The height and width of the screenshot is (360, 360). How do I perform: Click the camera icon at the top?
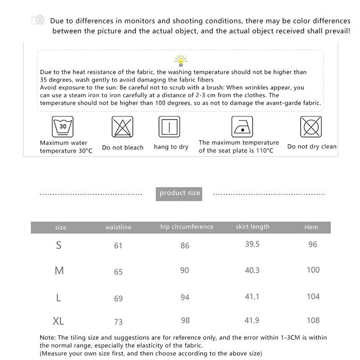(x=38, y=20)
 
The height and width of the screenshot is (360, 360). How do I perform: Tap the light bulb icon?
(x=180, y=61)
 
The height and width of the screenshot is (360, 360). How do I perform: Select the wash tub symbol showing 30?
(x=63, y=127)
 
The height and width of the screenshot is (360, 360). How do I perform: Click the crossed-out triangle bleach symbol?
(x=122, y=127)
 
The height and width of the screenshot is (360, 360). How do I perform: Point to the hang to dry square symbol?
(x=169, y=127)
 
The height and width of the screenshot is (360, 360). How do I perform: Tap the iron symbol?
(x=242, y=127)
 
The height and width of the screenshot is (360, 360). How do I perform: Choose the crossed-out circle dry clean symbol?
(x=311, y=127)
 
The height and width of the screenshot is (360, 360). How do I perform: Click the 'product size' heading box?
(x=180, y=193)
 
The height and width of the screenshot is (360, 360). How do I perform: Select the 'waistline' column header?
(x=118, y=227)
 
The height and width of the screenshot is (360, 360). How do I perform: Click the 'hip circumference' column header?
(x=187, y=227)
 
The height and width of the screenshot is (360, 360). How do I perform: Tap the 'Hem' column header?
(x=311, y=227)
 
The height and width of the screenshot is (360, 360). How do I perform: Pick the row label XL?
(x=58, y=321)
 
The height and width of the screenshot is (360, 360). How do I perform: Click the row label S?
(x=58, y=245)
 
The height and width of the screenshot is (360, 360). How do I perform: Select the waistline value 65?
(x=118, y=272)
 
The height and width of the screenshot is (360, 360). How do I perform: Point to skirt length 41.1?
(x=252, y=297)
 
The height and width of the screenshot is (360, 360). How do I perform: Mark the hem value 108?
(x=313, y=320)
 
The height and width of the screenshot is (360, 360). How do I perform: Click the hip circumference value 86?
(x=185, y=246)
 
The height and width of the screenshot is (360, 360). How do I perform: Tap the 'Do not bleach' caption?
(x=122, y=148)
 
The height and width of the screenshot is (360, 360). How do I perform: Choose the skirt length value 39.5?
(x=252, y=244)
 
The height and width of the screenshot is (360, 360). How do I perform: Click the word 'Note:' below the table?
(x=48, y=337)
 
